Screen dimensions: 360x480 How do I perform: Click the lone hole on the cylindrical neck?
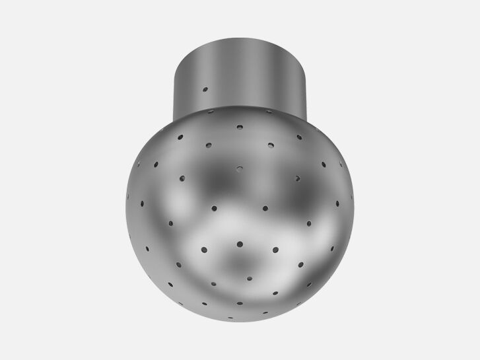pos(205,89)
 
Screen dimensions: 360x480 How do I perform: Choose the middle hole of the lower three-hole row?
pos(240,244)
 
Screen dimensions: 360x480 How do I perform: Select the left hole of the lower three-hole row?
pos(203,249)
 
